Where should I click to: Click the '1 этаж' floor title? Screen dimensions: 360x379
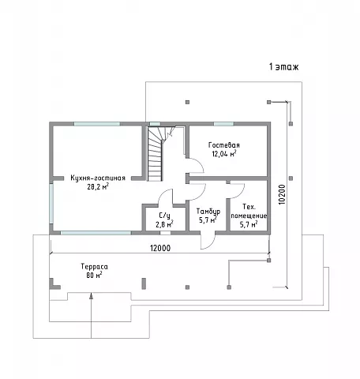(x=283, y=67)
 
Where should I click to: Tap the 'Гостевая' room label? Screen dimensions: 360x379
(x=224, y=145)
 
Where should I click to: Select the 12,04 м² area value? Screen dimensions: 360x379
(x=224, y=154)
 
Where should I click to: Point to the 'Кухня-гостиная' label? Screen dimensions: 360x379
(x=98, y=178)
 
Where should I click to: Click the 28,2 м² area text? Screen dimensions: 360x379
(x=98, y=186)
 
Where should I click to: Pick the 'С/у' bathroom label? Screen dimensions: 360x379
(x=164, y=216)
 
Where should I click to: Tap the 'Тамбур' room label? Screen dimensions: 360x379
(x=208, y=212)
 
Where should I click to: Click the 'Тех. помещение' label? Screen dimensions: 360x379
(x=249, y=212)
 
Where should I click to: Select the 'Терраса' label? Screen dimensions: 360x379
(x=94, y=267)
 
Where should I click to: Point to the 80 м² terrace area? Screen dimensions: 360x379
(x=94, y=276)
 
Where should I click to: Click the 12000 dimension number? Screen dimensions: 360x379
(x=160, y=248)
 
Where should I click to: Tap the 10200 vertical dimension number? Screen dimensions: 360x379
(x=282, y=194)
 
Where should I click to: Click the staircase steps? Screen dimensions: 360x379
(x=155, y=154)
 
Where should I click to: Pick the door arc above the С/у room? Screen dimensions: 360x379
(x=165, y=197)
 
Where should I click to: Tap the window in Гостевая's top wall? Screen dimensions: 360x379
(x=223, y=124)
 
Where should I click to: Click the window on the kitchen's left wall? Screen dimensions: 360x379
(x=51, y=203)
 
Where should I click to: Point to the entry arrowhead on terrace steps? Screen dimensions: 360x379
(x=91, y=296)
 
